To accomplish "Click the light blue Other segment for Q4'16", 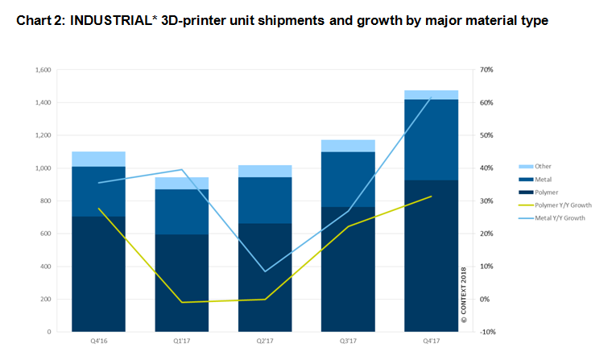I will coord(98,159).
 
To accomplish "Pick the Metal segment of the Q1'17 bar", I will coord(181,212).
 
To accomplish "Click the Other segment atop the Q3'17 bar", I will coord(348,146).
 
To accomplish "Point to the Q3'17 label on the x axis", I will coord(348,341).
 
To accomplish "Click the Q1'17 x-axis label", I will coord(181,341).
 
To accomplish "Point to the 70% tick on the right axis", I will coord(486,70).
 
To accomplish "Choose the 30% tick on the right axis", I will coord(486,201).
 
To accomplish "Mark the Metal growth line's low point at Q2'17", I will coord(265,271).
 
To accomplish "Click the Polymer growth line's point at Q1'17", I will coord(181,302).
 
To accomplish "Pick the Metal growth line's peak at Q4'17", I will coord(431,97).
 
